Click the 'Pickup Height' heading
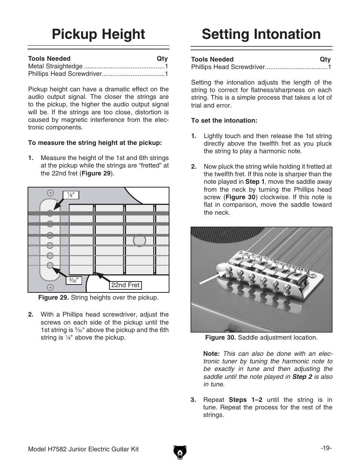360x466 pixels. tap(98, 34)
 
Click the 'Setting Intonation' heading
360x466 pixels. tap(261, 34)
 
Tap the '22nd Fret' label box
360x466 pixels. tap(125, 285)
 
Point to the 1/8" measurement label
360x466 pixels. tap(71, 195)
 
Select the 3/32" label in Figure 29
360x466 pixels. tap(72, 280)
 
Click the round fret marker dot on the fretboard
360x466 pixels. tap(139, 240)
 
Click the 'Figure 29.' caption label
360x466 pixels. tap(53, 297)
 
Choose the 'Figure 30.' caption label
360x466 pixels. tap(220, 337)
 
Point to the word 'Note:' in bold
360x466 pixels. tap(211, 354)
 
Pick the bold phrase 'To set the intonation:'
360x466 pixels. tap(224, 120)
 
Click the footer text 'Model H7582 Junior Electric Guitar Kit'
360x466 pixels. tap(83, 449)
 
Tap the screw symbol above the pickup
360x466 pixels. tap(50, 193)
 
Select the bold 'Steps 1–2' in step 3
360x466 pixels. tap(246, 400)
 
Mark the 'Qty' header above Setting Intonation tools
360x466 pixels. tap(325, 59)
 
